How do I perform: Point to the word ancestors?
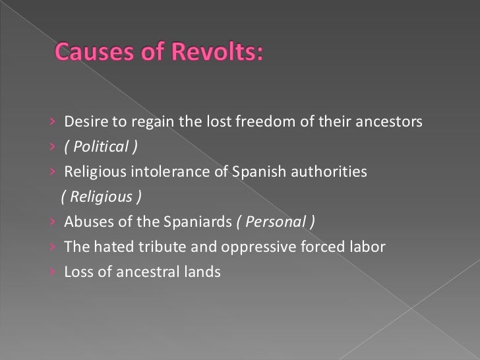[x=389, y=122]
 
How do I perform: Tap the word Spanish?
[x=253, y=172]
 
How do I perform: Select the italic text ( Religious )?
[x=101, y=197]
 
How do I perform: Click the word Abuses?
[x=84, y=222]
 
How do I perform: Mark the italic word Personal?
[x=276, y=222]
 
